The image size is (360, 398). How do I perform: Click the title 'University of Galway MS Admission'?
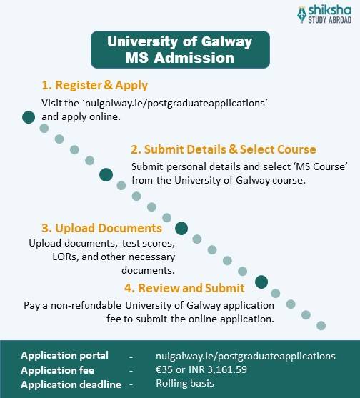(180, 49)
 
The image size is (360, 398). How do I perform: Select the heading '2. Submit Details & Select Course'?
(223, 149)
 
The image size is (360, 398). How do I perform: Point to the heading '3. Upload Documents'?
(101, 228)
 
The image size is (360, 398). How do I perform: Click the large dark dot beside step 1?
(29, 117)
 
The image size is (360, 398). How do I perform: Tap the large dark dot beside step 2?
(106, 174)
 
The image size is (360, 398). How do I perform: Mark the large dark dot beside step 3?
(181, 229)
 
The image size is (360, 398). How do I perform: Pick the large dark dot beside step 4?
(261, 282)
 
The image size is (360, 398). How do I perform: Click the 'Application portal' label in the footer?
(64, 355)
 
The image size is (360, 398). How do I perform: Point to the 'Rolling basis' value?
(185, 383)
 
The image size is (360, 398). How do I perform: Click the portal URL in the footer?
(245, 355)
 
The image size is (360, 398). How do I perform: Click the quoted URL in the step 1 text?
(175, 103)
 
